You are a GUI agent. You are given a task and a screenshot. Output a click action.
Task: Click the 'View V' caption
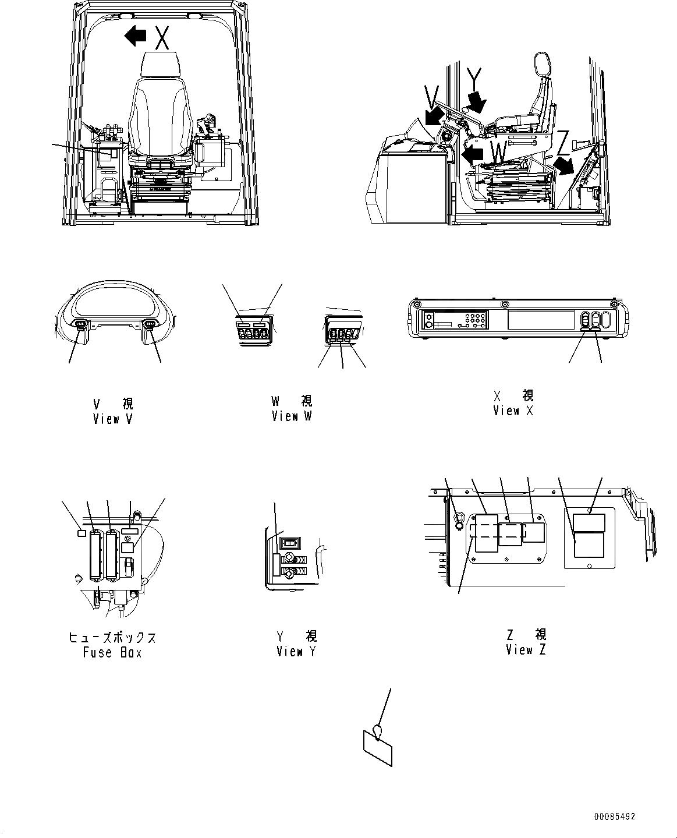tap(114, 419)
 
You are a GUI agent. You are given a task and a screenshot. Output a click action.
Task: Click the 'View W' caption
tap(292, 416)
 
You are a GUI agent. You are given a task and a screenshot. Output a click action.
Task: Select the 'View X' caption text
tap(513, 411)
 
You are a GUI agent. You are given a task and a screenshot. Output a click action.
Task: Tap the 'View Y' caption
tap(296, 652)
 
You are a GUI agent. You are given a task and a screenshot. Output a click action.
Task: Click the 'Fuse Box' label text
tap(112, 653)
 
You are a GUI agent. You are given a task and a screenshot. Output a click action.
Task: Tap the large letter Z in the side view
tap(562, 140)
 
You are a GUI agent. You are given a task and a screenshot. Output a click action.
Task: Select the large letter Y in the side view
tap(474, 78)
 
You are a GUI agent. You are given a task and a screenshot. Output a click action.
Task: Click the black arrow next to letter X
tap(136, 36)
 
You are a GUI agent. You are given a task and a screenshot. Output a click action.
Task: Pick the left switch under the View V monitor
tap(80, 325)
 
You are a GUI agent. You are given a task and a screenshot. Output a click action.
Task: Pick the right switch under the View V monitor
tap(150, 325)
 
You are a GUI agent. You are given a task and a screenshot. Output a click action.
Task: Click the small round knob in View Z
tap(458, 525)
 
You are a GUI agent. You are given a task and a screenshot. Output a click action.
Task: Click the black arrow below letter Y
tap(478, 103)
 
